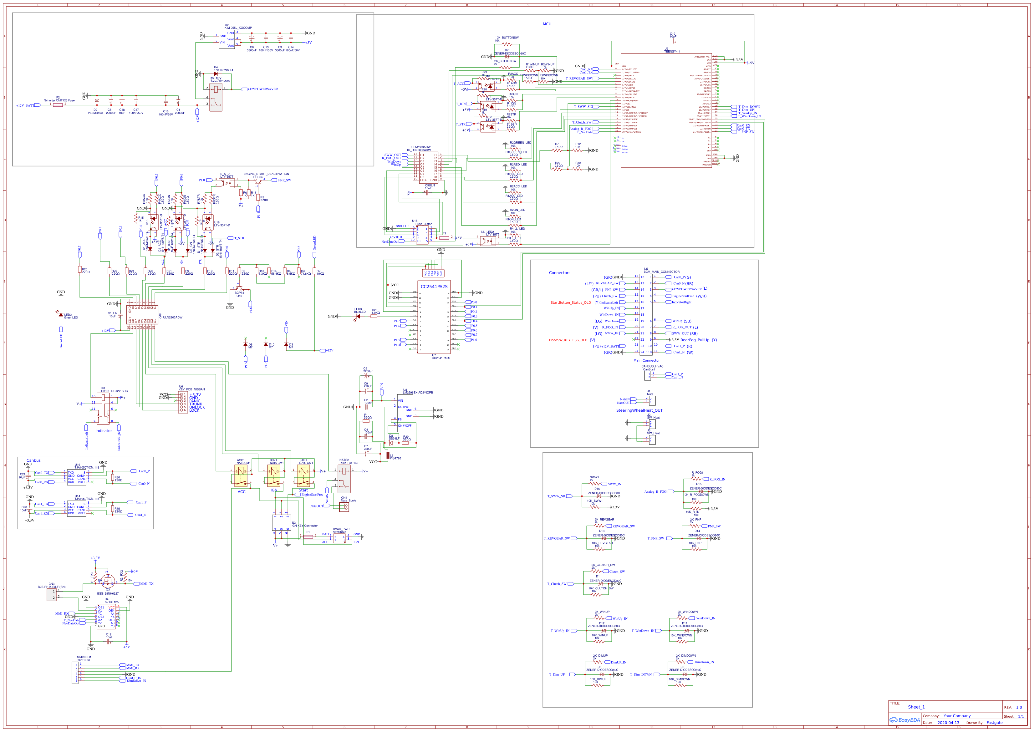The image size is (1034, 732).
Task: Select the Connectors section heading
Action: tap(559, 273)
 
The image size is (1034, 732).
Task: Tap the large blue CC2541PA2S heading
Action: tap(434, 287)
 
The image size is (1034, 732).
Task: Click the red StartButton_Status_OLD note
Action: tap(570, 302)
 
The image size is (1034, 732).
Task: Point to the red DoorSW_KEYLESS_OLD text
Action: tap(568, 340)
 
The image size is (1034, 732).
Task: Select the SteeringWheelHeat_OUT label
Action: tap(639, 411)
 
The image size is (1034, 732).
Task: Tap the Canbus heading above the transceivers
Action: tap(33, 461)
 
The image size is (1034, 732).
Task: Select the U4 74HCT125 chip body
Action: tap(106, 617)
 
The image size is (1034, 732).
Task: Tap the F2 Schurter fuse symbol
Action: tap(58, 105)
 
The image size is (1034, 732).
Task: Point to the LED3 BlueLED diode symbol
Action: tap(358, 317)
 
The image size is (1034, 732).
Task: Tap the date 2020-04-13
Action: tap(948, 723)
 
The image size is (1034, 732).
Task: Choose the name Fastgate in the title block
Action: tap(994, 723)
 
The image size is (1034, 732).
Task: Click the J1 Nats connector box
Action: tap(652, 401)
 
